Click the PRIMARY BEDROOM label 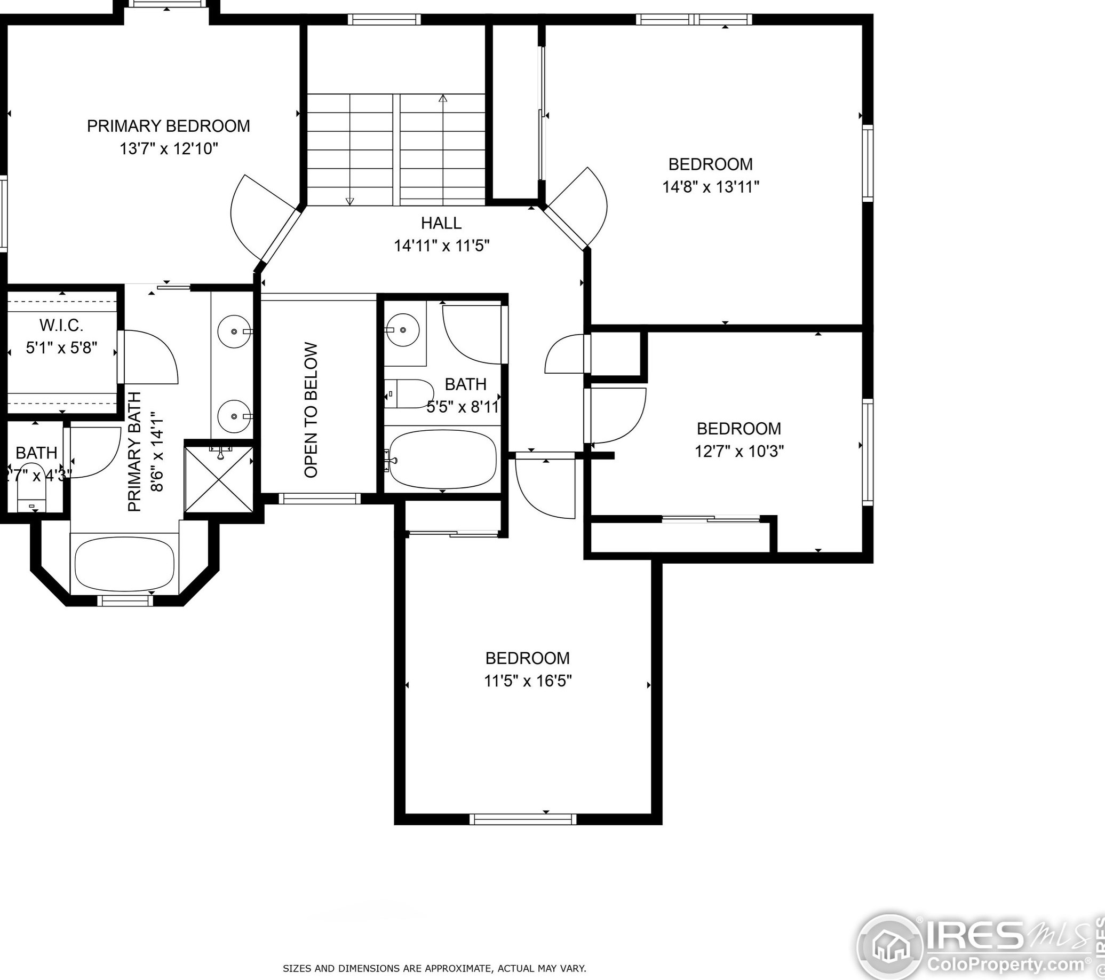point(168,126)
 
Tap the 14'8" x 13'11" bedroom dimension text point(710,187)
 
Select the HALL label point(441,223)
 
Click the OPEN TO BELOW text point(311,410)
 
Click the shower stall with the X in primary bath point(219,479)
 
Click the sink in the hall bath point(403,329)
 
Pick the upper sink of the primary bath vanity point(235,330)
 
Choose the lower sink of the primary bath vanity point(235,416)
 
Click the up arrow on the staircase point(443,99)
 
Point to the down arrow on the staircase point(350,201)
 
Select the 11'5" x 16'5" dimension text point(528,681)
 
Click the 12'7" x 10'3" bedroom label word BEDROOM point(738,428)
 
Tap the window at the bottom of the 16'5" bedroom point(523,819)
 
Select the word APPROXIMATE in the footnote point(458,969)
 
